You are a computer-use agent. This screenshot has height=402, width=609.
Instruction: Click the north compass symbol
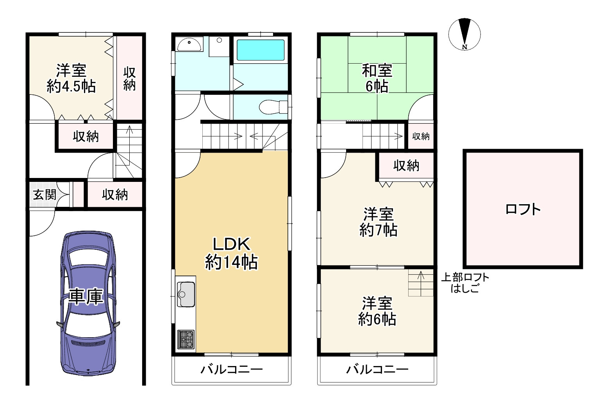coord(464,34)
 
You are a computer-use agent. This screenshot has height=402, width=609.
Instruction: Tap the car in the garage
coord(88,303)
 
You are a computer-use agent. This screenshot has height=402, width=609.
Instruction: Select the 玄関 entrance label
coord(45,195)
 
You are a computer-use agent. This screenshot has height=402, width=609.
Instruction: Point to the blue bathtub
coord(261,50)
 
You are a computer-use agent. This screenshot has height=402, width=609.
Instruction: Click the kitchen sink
coord(186,294)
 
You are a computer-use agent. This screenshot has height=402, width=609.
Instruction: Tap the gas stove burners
coord(186,339)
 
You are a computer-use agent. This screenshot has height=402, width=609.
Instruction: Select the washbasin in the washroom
coord(189,44)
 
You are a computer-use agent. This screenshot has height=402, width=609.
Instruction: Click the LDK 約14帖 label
coord(231,253)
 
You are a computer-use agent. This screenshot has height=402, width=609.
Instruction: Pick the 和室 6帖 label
coord(377,78)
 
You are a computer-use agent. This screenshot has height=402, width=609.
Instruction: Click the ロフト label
coord(523,210)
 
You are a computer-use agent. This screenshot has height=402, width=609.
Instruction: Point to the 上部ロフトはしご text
coord(465,283)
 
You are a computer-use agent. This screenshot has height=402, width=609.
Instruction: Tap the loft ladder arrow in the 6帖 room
coord(421,283)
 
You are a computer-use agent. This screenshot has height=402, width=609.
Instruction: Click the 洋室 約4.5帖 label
coord(71,78)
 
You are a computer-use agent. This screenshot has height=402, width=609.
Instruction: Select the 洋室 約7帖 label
coord(378,222)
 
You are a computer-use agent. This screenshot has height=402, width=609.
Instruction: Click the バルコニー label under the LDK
coord(232,369)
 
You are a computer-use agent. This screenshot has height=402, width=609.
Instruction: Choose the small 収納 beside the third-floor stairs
coord(421,136)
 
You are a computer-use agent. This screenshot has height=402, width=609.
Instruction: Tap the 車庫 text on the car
coord(86,296)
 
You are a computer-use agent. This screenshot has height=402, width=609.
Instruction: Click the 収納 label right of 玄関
coord(115,195)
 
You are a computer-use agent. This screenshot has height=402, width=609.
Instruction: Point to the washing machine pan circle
coord(219,40)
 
